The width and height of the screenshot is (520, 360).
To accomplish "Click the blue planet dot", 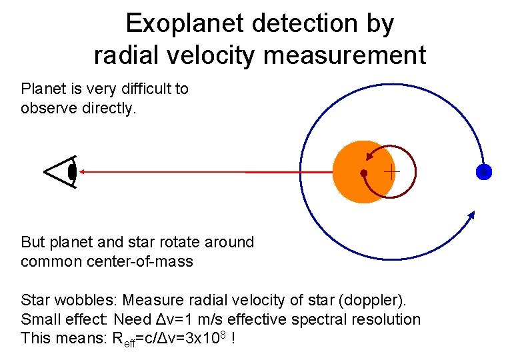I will [483, 172].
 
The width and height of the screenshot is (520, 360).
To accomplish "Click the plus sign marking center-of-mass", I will [391, 172].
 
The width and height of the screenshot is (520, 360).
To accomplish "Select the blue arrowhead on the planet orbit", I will [471, 215].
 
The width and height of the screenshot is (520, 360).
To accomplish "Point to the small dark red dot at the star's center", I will [363, 173].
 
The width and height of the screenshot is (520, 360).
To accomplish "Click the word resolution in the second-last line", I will [387, 319].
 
